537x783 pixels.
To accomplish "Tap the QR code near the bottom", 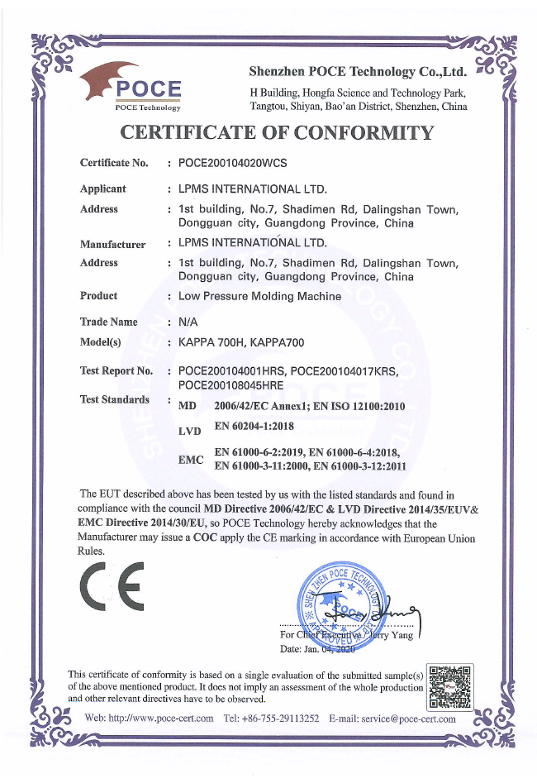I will [x=448, y=686].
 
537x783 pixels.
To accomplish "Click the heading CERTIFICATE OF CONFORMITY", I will [x=277, y=133].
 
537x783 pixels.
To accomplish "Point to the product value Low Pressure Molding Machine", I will [x=259, y=296].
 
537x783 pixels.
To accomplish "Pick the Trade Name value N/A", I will [x=188, y=322].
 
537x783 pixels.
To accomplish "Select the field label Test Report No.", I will [x=116, y=370].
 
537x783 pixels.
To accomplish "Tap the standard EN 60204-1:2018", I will [x=254, y=427].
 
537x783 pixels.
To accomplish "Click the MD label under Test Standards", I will [x=188, y=406].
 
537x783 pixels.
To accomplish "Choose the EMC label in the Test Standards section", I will [x=191, y=459].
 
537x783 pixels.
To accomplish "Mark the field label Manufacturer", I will [x=112, y=244].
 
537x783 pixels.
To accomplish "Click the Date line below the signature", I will [x=317, y=652].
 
